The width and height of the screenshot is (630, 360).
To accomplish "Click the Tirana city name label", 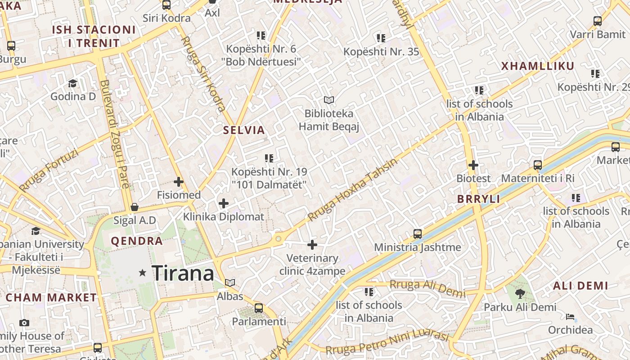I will [x=183, y=273].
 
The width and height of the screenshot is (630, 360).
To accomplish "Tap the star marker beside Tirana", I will [x=143, y=273].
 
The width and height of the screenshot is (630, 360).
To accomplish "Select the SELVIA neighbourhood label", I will [x=244, y=130].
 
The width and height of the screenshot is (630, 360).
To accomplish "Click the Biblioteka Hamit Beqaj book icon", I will [x=329, y=100].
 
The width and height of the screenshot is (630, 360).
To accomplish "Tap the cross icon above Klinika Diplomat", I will [x=223, y=203].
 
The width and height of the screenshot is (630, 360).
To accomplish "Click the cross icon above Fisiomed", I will [x=179, y=182].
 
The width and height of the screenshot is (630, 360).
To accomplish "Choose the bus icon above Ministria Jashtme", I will [x=418, y=234].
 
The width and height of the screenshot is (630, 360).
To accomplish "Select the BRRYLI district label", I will [x=478, y=199].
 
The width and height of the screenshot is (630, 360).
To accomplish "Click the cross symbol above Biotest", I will [x=473, y=165].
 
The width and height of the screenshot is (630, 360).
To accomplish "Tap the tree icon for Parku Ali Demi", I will [x=520, y=294].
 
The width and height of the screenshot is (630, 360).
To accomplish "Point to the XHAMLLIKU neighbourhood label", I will [x=538, y=66].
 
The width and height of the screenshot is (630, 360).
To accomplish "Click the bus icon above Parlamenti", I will [x=259, y=308].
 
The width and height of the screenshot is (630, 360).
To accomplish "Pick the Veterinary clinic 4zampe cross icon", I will [x=312, y=245].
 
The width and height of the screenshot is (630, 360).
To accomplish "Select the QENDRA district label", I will [x=137, y=241].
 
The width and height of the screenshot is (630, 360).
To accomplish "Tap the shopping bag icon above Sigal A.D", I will [x=134, y=207].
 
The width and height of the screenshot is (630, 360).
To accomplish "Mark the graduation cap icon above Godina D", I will [x=72, y=83].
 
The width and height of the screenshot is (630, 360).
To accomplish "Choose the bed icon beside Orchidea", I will [x=570, y=317].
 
